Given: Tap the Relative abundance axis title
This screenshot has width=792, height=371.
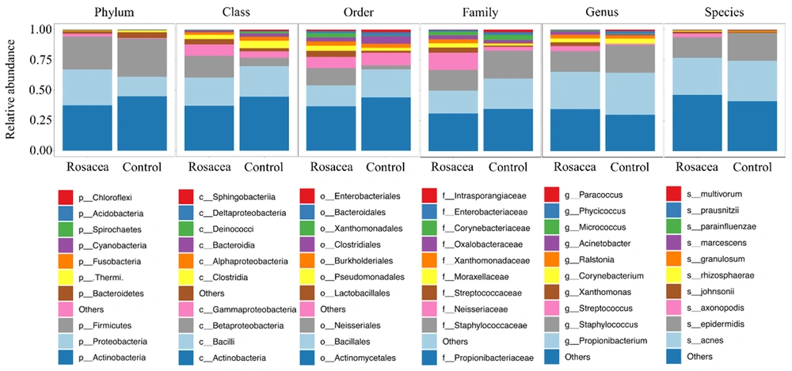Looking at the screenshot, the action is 12,90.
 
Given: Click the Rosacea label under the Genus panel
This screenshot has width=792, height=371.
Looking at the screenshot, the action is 574,167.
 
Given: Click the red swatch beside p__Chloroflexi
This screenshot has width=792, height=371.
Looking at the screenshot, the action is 66,197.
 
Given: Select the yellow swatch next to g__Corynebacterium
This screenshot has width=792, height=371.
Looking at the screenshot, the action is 552,277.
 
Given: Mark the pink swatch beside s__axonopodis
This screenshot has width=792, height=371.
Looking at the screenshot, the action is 674,309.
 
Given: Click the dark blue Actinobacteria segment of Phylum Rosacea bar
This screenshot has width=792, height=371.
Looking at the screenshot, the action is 87,127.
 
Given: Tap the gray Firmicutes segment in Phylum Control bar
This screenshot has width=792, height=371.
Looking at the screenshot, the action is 142,57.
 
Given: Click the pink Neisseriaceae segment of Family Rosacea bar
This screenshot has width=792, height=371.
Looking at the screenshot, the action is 454,61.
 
